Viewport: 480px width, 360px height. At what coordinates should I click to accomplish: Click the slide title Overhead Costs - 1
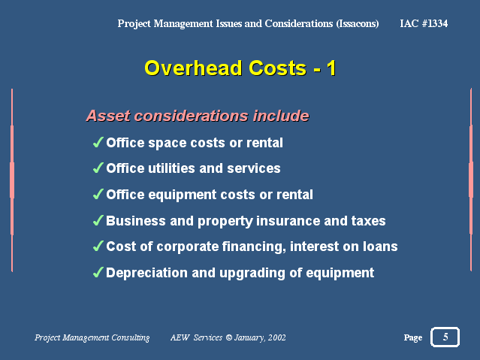[x=240, y=68]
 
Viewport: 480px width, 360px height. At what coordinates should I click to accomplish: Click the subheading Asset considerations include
[x=198, y=116]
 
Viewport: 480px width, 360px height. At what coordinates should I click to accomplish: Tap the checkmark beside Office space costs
[x=98, y=143]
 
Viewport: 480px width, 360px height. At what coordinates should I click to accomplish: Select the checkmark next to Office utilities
[x=98, y=168]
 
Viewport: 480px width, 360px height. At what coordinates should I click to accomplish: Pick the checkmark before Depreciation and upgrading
[x=98, y=272]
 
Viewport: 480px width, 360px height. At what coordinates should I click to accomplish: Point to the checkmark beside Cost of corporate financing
[x=98, y=246]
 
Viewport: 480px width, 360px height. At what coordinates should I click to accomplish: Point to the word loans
[x=380, y=247]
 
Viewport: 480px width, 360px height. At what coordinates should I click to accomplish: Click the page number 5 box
[x=445, y=337]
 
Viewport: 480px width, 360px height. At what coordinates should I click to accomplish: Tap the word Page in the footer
[x=413, y=337]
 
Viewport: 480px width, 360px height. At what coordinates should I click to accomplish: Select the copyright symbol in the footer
[x=229, y=337]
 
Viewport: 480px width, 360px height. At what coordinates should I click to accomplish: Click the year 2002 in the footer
[x=277, y=337]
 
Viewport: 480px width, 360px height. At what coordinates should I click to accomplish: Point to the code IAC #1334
[x=424, y=23]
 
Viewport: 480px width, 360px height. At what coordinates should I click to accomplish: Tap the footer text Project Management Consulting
[x=92, y=337]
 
